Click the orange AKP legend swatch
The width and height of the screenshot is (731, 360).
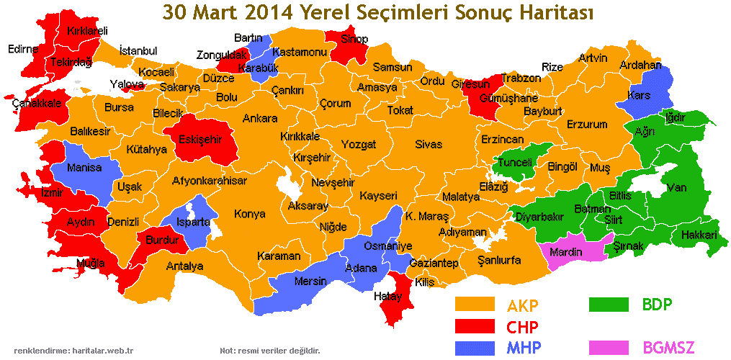pyautogui.click(x=475, y=305)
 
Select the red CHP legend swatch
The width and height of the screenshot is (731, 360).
pyautogui.click(x=475, y=326)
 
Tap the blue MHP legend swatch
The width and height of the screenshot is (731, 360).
pyautogui.click(x=475, y=348)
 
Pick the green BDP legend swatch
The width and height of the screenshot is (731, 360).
pyautogui.click(x=610, y=305)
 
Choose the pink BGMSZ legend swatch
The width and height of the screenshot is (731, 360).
pyautogui.click(x=610, y=348)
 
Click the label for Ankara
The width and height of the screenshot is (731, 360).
pyautogui.click(x=260, y=118)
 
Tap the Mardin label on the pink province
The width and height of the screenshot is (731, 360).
pyautogui.click(x=566, y=253)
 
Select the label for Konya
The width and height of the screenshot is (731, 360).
pyautogui.click(x=249, y=214)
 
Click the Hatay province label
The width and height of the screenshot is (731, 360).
pyautogui.click(x=387, y=296)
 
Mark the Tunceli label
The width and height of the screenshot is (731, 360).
pyautogui.click(x=516, y=163)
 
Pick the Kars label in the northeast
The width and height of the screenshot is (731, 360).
pyautogui.click(x=640, y=95)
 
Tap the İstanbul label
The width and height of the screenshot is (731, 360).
pyautogui.click(x=138, y=50)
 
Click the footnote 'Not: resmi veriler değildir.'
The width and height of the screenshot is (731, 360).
pyautogui.click(x=269, y=351)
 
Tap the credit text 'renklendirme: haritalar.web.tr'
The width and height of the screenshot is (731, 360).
pyautogui.click(x=79, y=351)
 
